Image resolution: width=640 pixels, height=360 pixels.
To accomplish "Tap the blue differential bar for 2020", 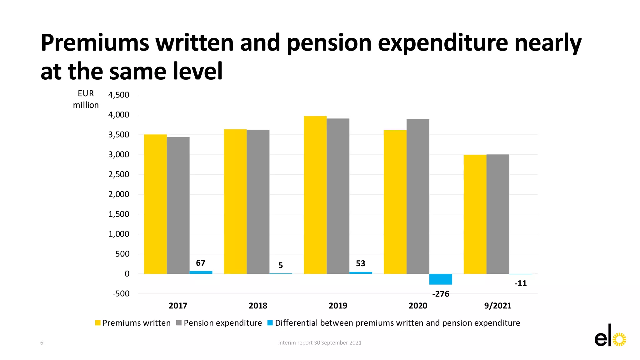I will [441, 279].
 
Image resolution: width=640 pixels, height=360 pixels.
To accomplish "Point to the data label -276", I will [441, 294].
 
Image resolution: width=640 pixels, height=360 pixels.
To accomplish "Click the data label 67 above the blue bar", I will [201, 263].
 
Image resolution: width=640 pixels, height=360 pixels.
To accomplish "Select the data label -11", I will [521, 283].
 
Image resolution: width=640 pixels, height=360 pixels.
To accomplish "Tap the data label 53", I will [361, 264].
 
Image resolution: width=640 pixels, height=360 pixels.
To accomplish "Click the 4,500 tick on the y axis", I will [119, 95].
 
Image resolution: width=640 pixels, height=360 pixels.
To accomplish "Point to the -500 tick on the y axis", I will [121, 294].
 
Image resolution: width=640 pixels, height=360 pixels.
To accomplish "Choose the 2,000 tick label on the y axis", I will [119, 194].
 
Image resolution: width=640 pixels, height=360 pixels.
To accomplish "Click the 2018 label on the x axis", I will [258, 306].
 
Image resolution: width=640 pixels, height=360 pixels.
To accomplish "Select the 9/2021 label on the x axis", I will [498, 306].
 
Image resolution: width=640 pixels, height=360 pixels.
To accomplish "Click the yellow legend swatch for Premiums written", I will [98, 323].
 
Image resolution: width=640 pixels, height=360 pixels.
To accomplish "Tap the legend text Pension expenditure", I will [223, 323].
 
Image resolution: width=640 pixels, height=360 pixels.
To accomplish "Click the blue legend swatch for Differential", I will [270, 323].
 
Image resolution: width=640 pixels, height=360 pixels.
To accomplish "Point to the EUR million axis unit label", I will [86, 99].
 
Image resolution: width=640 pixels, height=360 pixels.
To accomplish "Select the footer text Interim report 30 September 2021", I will [320, 343].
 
